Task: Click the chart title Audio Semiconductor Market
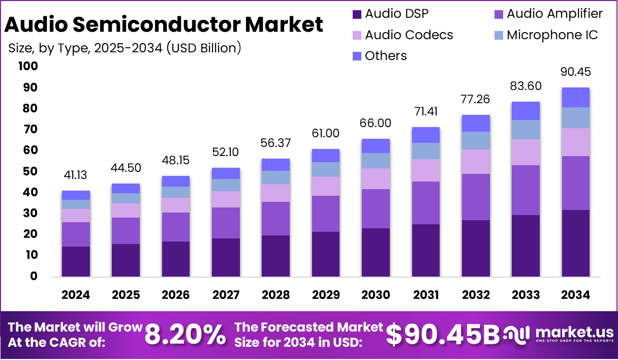pos(164,24)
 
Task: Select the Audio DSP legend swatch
pos(357,14)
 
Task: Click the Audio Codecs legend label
pos(409,35)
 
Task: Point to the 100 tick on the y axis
pos(27,66)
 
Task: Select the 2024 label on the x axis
pos(76,295)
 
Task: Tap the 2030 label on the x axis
pos(376,295)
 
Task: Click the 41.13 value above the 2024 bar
pos(76,175)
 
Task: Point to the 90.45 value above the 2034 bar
pos(575,72)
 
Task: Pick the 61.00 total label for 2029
pos(326,134)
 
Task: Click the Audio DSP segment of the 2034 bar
pos(575,243)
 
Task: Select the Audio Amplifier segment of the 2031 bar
pos(426,203)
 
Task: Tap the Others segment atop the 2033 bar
pos(526,111)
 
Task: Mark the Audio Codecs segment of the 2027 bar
pos(226,199)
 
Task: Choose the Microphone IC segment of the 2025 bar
pos(126,198)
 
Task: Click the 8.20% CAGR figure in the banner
pos(185,335)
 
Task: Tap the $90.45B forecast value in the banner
pos(442,335)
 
